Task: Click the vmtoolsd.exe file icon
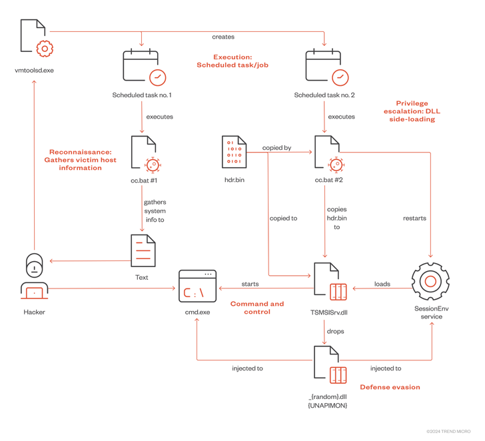tap(36, 39)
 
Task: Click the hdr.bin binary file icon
tap(235, 153)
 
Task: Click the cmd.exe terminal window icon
tap(198, 286)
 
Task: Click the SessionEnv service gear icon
tap(430, 282)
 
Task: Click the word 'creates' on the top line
tap(223, 37)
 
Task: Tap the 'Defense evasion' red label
tap(390, 387)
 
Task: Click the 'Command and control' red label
tap(256, 307)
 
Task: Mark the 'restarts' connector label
tap(414, 218)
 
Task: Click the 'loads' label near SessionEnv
tap(382, 284)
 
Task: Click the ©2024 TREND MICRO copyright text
tap(448, 432)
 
